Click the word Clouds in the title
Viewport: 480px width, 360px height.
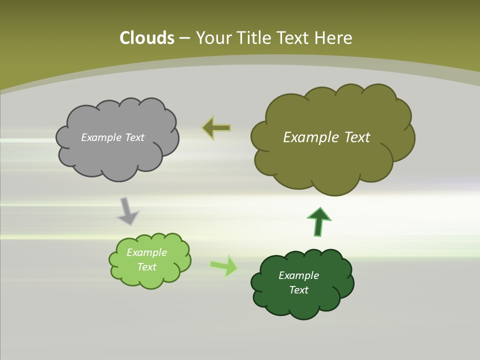[x=146, y=38]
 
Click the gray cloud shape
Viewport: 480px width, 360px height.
[x=117, y=155]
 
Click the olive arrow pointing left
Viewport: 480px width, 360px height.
[x=216, y=128]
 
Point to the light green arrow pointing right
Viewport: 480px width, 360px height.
[x=224, y=265]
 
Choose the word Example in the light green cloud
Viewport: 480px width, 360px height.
[x=146, y=252]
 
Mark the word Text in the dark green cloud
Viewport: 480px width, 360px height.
[x=298, y=290]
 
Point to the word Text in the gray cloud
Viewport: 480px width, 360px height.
[x=134, y=137]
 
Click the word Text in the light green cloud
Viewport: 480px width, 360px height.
[x=146, y=267]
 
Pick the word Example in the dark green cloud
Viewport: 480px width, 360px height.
[x=298, y=275]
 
